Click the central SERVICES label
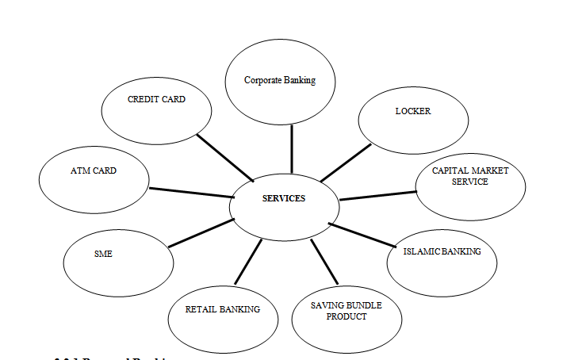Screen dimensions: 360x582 (x=284, y=198)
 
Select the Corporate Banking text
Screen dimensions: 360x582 (x=280, y=80)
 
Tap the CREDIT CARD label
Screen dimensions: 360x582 (x=156, y=100)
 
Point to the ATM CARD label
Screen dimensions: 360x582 (x=93, y=170)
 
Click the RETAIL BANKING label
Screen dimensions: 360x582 (x=223, y=309)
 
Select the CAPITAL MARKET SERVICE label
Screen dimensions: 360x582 (x=470, y=176)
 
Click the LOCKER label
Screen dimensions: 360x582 (x=413, y=111)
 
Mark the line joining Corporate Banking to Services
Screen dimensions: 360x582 (x=292, y=148)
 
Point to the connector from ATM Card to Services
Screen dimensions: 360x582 (x=190, y=193)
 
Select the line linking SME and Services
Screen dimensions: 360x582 (x=201, y=233)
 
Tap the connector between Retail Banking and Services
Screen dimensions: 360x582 (x=248, y=262)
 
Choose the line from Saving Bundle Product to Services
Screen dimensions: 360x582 (x=325, y=261)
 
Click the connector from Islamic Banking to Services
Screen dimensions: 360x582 (x=362, y=237)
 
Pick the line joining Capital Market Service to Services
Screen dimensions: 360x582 (x=377, y=195)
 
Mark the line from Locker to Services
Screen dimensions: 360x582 (x=346, y=163)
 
